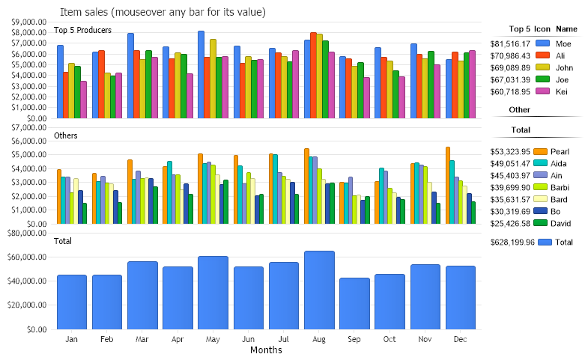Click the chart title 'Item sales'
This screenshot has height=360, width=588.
(x=163, y=13)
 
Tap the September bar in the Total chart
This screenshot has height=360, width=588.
(x=354, y=303)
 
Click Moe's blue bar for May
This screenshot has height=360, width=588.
(x=201, y=74)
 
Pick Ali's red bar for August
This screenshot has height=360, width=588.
(x=313, y=75)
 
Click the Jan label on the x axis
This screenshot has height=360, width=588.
(x=72, y=339)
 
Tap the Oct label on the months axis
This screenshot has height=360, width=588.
(x=390, y=339)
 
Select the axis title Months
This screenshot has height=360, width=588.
(x=266, y=350)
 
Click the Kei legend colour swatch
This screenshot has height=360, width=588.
(x=543, y=91)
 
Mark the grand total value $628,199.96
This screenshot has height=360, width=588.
(x=512, y=242)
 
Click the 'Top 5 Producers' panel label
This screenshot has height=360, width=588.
(x=83, y=30)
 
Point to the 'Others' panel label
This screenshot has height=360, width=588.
(x=66, y=135)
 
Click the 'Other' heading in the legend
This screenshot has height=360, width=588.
(x=520, y=110)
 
